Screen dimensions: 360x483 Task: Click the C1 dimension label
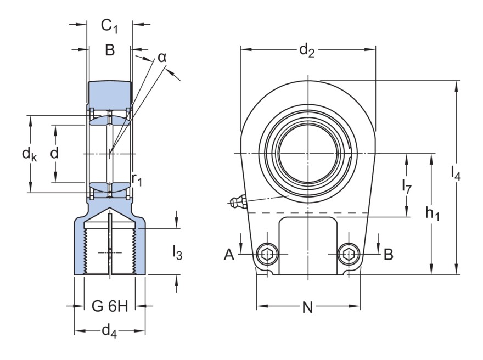click(110, 26)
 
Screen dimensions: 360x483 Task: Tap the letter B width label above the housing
click(110, 50)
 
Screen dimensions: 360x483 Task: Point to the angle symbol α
click(162, 57)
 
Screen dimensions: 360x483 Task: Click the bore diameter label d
click(54, 154)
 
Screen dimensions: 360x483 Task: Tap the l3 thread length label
click(177, 252)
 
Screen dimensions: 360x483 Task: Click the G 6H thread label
click(110, 306)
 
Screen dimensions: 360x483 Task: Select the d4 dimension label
click(109, 331)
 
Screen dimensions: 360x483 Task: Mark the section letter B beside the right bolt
click(388, 254)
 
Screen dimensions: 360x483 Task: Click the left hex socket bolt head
click(267, 254)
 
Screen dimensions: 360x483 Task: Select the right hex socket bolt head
click(349, 254)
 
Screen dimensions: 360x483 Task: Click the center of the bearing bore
click(308, 152)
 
